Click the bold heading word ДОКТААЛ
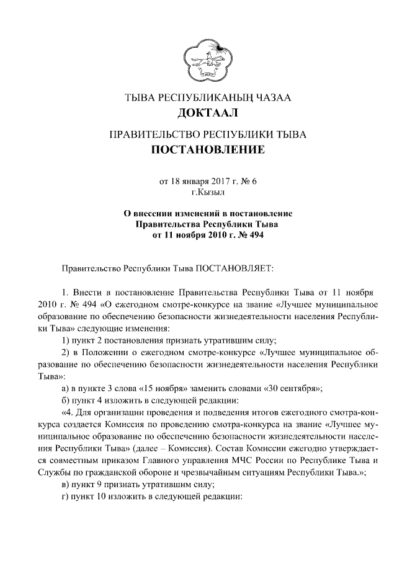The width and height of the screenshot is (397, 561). pyautogui.click(x=198, y=113)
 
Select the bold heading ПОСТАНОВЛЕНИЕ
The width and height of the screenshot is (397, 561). pyautogui.click(x=198, y=149)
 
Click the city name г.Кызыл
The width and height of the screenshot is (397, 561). pyautogui.click(x=198, y=193)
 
